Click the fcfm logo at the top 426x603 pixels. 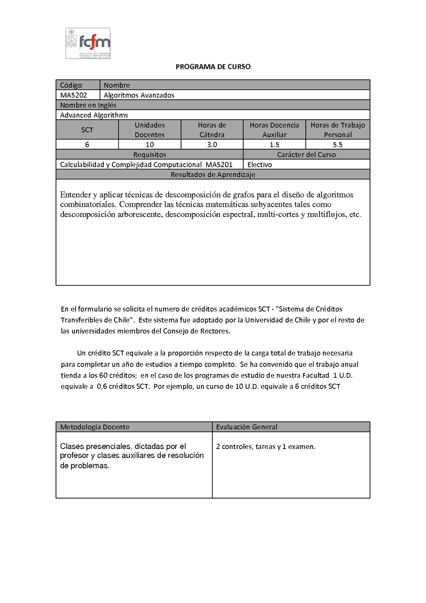[x=87, y=43]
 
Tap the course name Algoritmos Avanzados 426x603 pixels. [x=139, y=95]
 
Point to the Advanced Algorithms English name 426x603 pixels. [x=94, y=115]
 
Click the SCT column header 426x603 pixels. [x=87, y=129]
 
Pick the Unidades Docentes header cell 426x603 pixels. [x=150, y=129]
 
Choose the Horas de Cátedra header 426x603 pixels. [x=212, y=129]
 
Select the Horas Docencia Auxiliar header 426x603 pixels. [x=274, y=129]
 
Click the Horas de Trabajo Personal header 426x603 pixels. [x=338, y=129]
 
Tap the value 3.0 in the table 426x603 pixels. [x=212, y=144]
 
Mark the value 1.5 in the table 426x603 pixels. [x=274, y=144]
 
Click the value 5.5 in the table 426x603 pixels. [x=338, y=144]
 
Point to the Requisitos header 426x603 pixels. [x=150, y=154]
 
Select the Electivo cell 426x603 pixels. [x=260, y=165]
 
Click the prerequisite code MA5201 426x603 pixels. [x=219, y=165]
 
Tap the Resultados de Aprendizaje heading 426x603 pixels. [x=212, y=174]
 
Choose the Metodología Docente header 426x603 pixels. [x=95, y=427]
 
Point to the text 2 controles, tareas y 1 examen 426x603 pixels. [x=266, y=446]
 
